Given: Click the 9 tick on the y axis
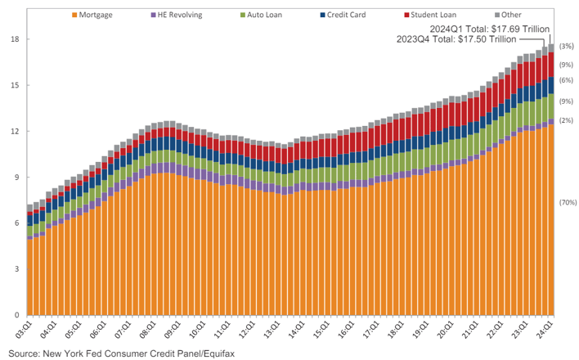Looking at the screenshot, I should pos(15,177).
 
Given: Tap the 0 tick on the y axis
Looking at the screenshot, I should pos(15,315).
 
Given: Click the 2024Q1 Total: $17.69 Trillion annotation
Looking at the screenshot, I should pos(480,28).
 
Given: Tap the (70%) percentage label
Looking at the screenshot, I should pos(567,201).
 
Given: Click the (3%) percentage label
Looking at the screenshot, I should pos(566,47).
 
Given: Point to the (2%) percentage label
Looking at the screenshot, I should pos(566,120).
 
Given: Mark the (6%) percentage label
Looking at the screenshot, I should pos(566,80).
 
